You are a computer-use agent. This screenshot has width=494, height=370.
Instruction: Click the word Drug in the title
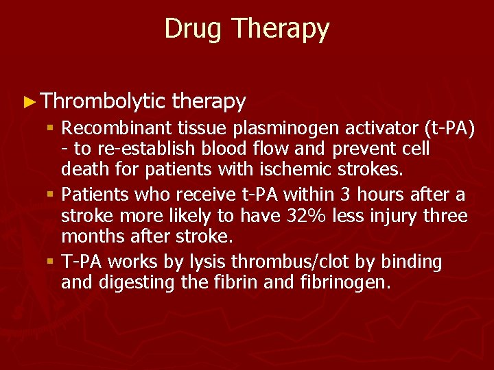194,29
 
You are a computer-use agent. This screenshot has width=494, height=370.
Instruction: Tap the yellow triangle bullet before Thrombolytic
27,103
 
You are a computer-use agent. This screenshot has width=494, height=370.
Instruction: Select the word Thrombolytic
103,102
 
